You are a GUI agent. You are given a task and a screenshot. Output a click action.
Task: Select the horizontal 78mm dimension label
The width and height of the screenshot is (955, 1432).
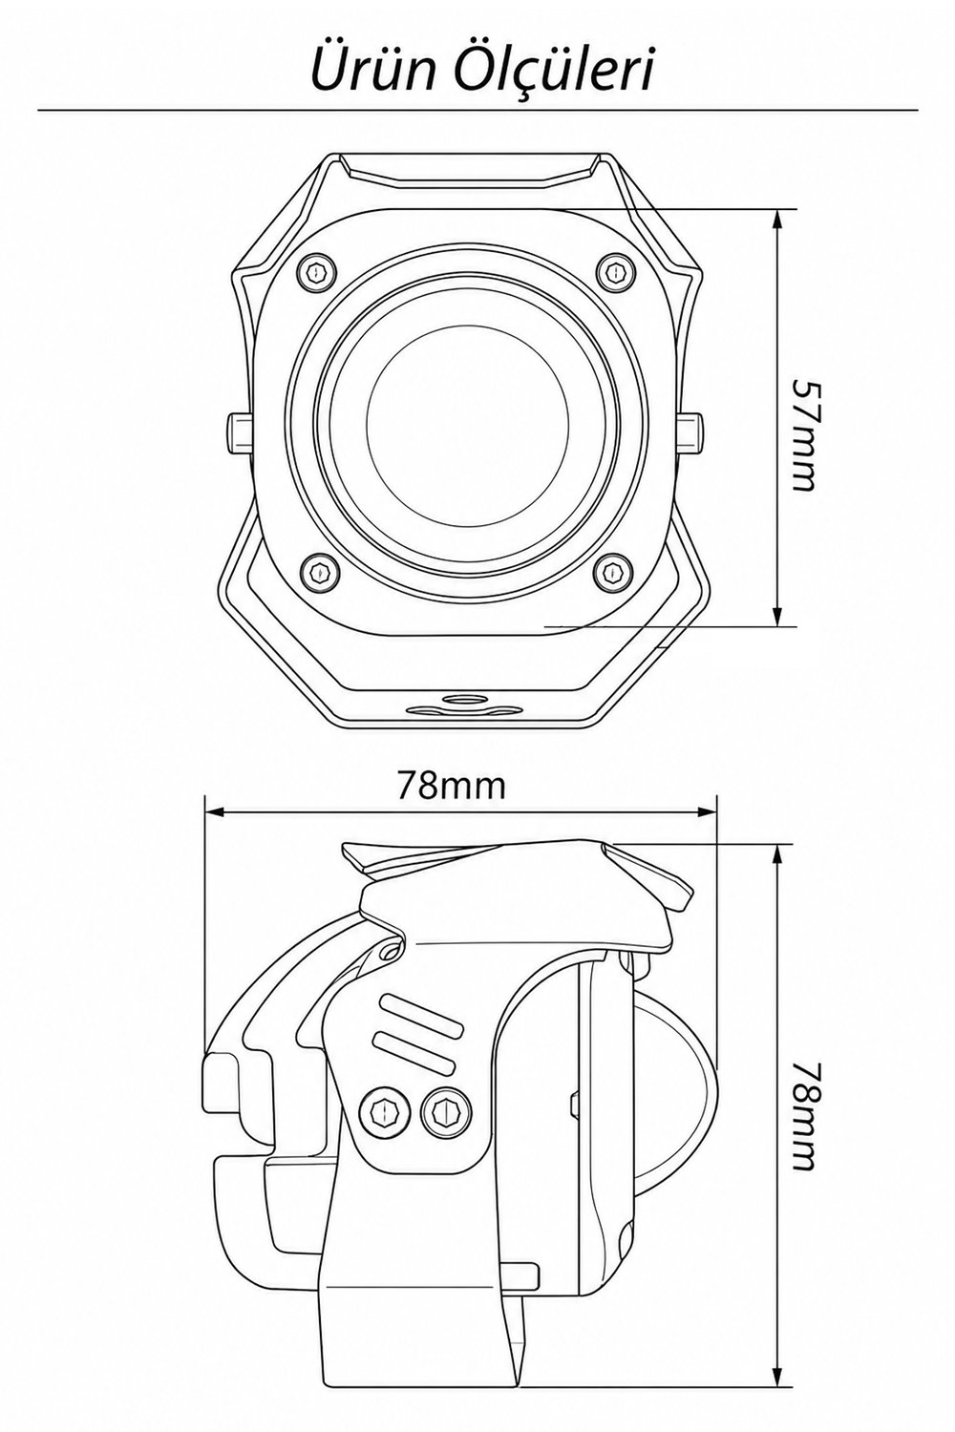[x=452, y=788]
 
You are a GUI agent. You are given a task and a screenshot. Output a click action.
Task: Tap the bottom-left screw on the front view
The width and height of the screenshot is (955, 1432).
[x=318, y=570]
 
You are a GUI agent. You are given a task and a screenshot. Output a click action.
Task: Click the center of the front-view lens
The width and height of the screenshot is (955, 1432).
[x=467, y=422]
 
